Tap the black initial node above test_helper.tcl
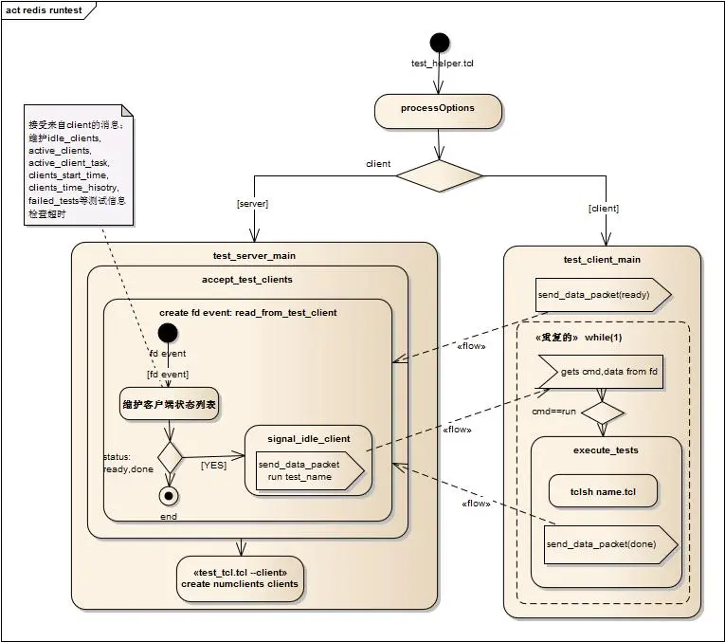(x=439, y=43)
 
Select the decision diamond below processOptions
(x=439, y=175)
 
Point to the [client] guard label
(x=603, y=208)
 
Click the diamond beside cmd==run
(x=602, y=413)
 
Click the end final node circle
(x=169, y=496)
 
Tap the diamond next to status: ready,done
(x=169, y=456)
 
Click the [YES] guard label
(x=213, y=465)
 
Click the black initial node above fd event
(x=168, y=333)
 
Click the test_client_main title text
(x=602, y=259)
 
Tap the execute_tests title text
(x=607, y=450)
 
